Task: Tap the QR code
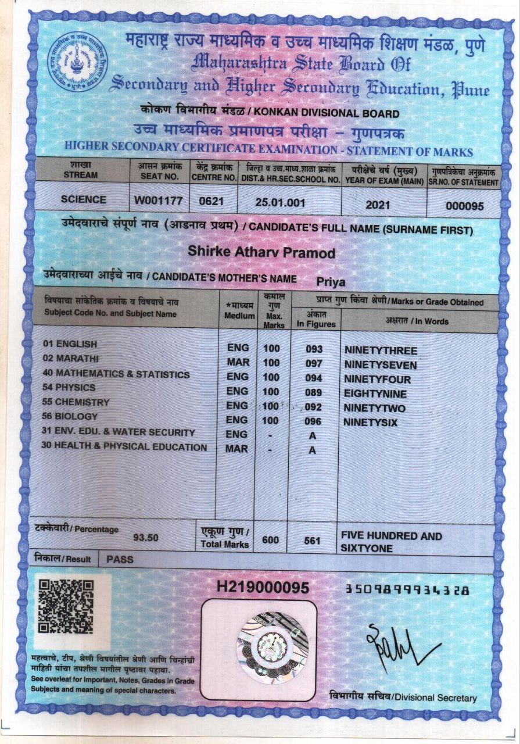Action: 66,607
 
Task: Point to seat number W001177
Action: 159,201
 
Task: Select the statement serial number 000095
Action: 465,206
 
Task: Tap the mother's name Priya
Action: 331,282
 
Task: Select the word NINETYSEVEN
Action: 381,365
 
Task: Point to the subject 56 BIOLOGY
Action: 70,416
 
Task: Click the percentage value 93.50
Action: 146,538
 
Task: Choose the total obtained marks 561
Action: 313,541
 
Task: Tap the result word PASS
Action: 120,559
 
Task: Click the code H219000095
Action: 262,588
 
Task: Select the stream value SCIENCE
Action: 84,199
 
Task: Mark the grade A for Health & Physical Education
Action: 312,450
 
